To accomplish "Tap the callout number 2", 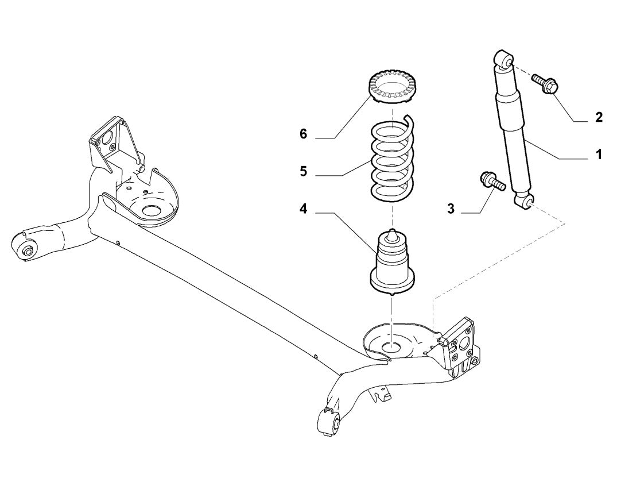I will pyautogui.click(x=599, y=117).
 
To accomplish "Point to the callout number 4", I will pyautogui.click(x=303, y=209).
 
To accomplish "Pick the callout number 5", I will pyautogui.click(x=303, y=171).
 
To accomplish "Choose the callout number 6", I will pyautogui.click(x=303, y=134).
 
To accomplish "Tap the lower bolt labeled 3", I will pyautogui.click(x=491, y=182).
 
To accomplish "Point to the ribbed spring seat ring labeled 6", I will pyautogui.click(x=391, y=88).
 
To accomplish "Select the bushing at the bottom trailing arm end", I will pyautogui.click(x=328, y=422).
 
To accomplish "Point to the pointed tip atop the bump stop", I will pyautogui.click(x=391, y=233).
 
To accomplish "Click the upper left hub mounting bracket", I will pyautogui.click(x=108, y=141).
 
